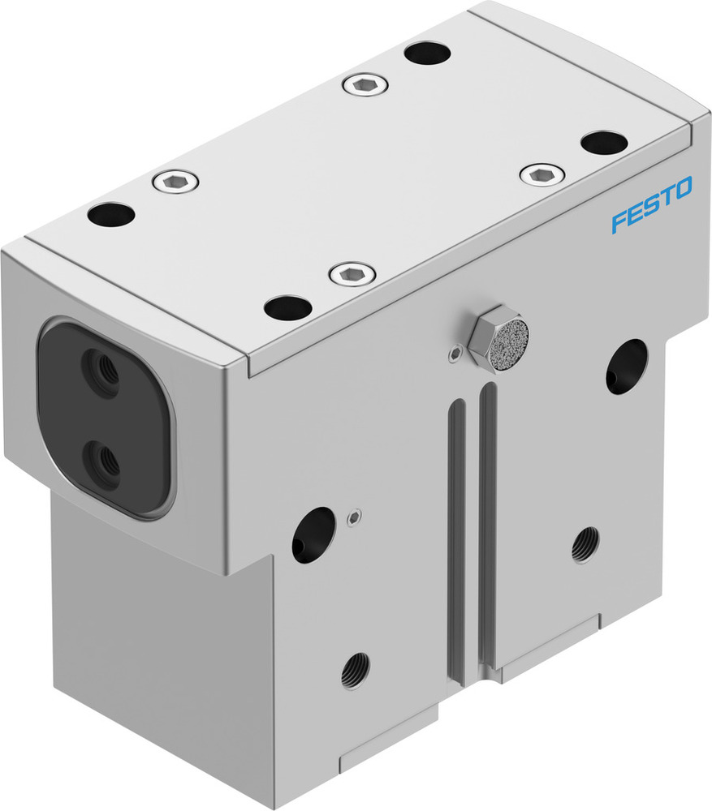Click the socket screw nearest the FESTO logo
click(541, 174)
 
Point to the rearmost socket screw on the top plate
click(361, 84)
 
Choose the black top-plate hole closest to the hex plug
click(287, 307)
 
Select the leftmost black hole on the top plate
click(111, 216)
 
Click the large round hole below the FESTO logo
click(626, 367)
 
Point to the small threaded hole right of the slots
click(585, 545)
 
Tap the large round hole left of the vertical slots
click(313, 534)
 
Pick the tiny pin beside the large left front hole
click(352, 516)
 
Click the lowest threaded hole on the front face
click(355, 670)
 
